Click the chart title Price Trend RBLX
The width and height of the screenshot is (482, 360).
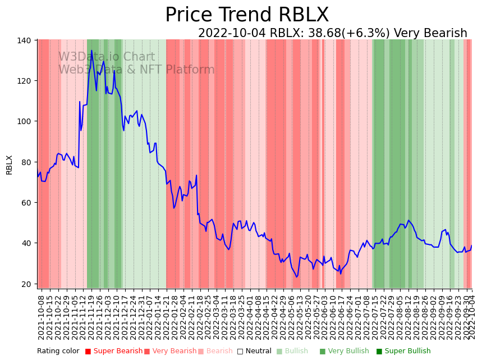click(247, 15)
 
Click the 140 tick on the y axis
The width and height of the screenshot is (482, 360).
click(24, 40)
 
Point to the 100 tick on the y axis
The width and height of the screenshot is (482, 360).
click(24, 121)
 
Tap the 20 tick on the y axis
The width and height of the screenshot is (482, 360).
click(26, 284)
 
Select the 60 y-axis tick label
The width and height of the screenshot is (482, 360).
click(26, 203)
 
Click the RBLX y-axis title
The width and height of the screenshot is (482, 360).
click(9, 165)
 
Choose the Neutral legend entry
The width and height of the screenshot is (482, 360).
click(254, 351)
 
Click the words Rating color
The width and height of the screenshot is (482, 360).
click(58, 351)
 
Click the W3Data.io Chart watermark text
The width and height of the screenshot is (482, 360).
click(107, 57)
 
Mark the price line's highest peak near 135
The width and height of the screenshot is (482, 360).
click(91, 51)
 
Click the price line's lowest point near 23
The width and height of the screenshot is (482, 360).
click(297, 276)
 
